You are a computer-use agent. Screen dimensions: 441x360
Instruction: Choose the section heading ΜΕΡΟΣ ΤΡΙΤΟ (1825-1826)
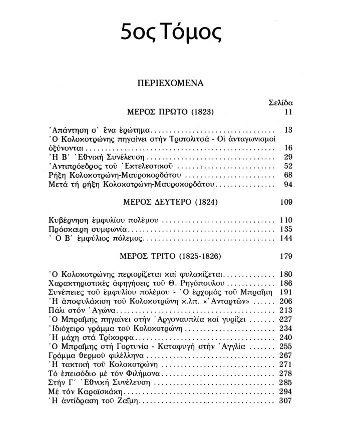[171, 256]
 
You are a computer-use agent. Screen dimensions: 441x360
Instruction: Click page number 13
[287, 130]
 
